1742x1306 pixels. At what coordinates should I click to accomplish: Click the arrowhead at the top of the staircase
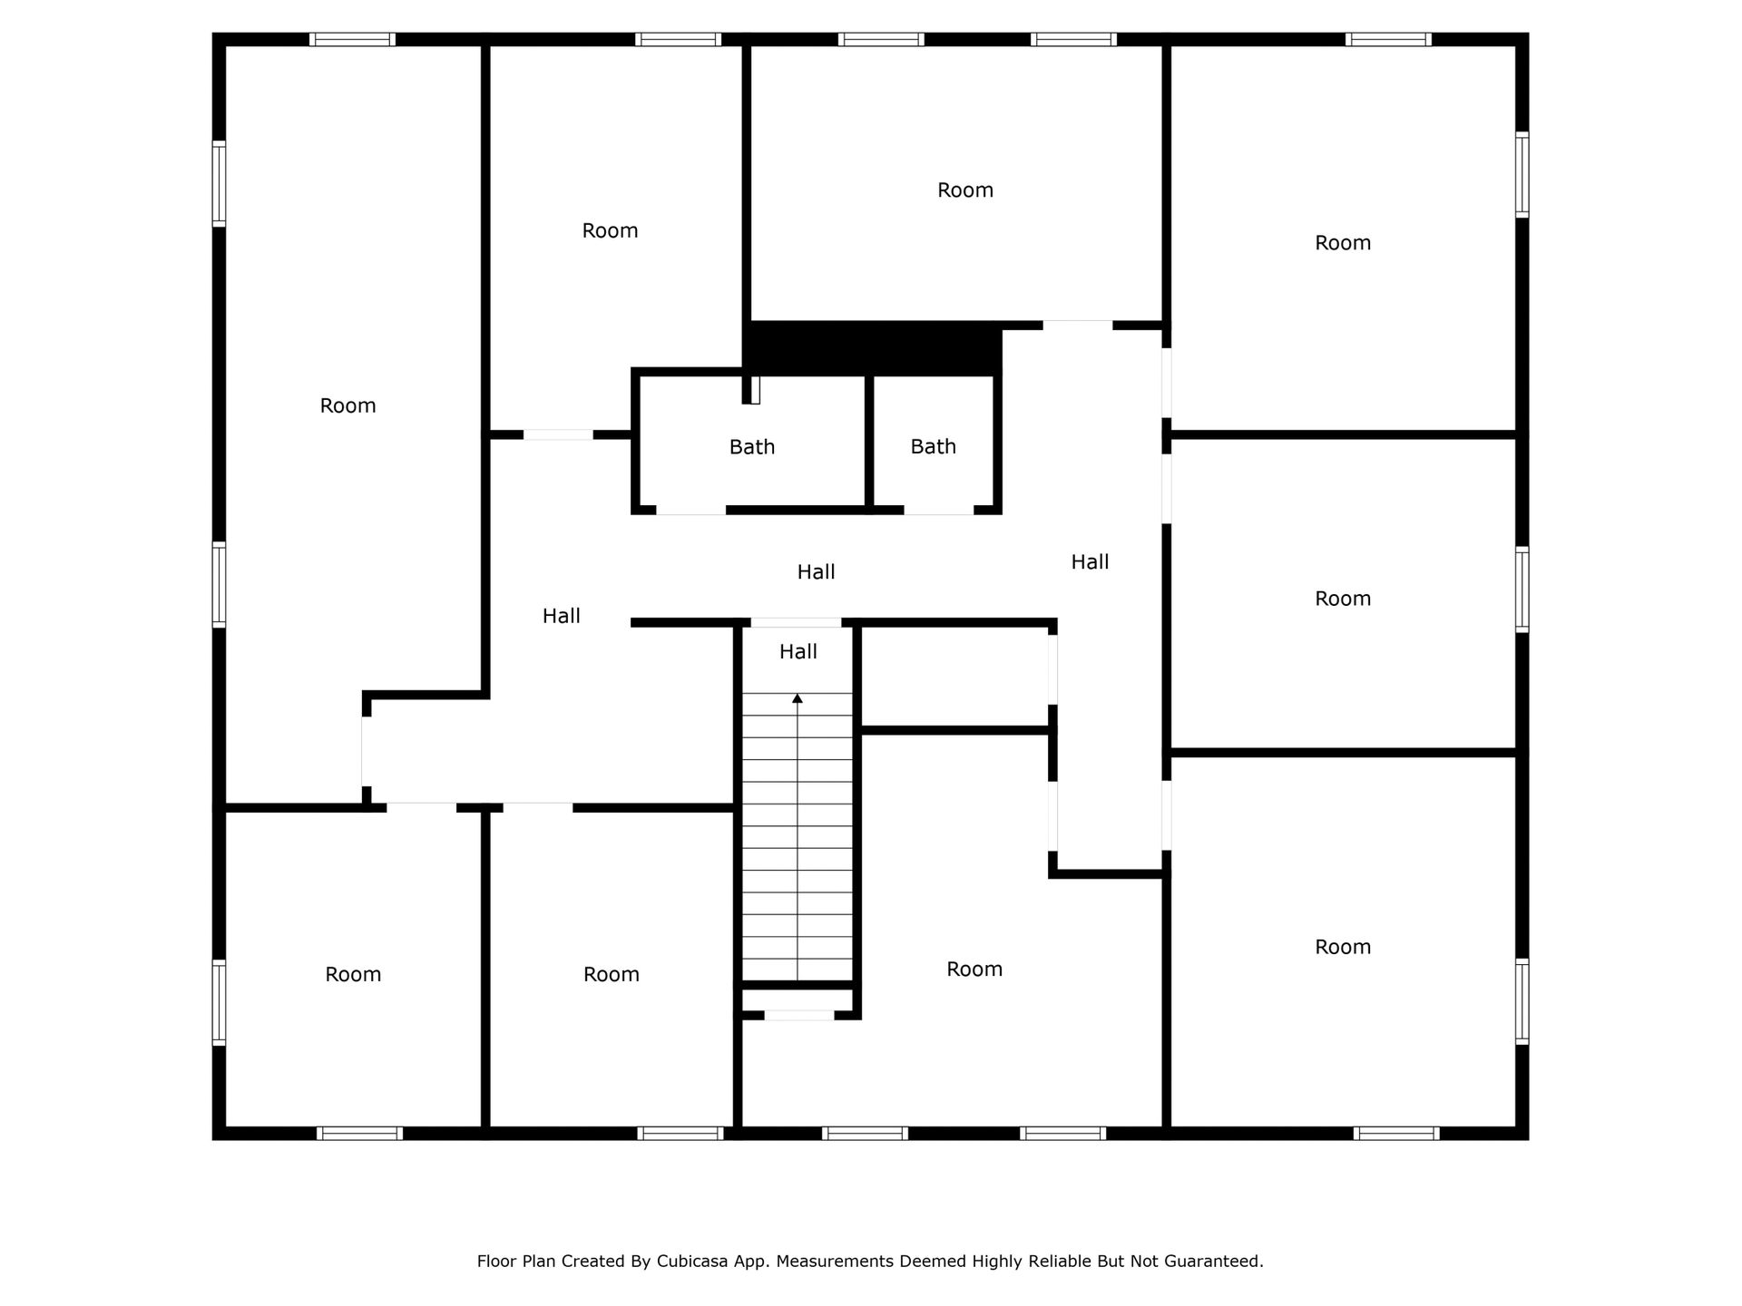(x=798, y=698)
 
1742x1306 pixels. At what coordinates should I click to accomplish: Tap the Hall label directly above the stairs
(x=798, y=651)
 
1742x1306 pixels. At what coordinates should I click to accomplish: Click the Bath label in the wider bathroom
(x=752, y=446)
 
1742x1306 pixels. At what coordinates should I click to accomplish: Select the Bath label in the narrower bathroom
(x=934, y=446)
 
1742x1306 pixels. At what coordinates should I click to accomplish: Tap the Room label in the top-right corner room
(x=1343, y=242)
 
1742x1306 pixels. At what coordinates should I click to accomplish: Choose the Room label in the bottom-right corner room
(x=1343, y=947)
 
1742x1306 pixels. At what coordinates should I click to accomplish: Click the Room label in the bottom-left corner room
(x=353, y=974)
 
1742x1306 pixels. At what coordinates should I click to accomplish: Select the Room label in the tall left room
(x=347, y=405)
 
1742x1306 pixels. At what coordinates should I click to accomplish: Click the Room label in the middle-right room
(x=1343, y=599)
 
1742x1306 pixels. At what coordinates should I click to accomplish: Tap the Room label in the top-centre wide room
(x=965, y=190)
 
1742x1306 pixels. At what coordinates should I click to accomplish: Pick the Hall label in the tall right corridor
(x=1090, y=562)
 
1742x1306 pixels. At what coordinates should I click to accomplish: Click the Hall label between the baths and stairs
(x=816, y=571)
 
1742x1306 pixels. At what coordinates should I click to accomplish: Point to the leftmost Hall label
(x=561, y=616)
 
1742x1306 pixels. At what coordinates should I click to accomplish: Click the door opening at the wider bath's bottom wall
(x=691, y=510)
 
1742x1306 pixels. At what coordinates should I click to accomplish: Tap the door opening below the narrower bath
(x=939, y=510)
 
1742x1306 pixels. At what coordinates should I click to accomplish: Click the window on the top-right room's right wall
(x=1522, y=174)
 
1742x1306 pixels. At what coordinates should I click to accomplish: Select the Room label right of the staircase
(x=974, y=970)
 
